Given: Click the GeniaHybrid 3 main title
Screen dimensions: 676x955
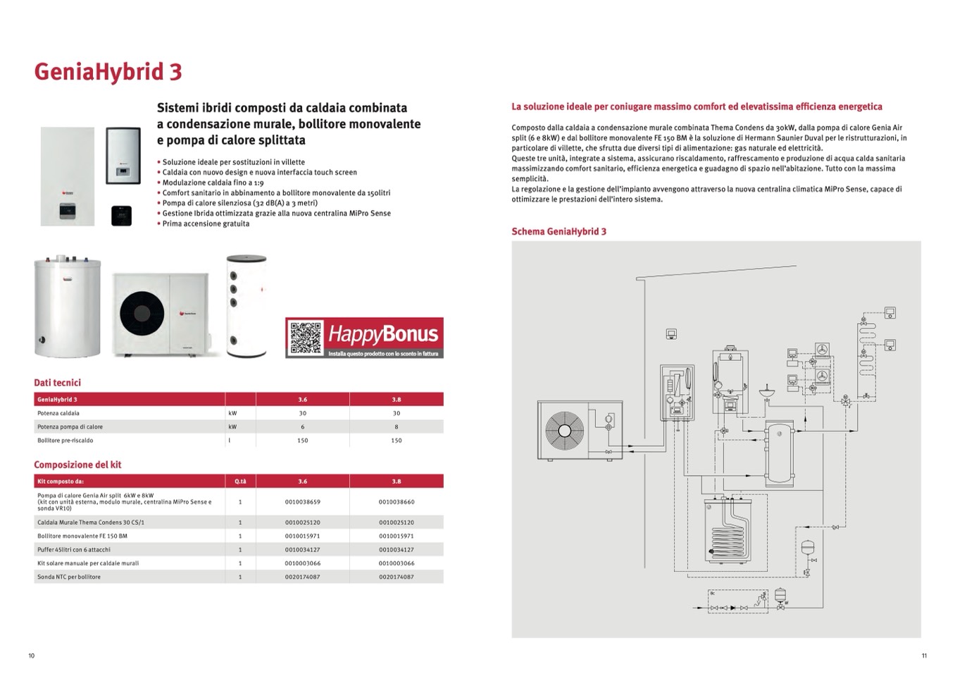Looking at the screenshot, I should pos(108,72).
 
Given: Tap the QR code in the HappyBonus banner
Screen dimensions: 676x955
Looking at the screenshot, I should pos(306,338).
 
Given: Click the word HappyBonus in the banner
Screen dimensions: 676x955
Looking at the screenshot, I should pos(383,333).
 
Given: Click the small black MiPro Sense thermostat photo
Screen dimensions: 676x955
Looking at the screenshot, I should pos(121,215).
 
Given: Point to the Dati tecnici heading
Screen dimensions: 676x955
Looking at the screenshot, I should pos(57,383).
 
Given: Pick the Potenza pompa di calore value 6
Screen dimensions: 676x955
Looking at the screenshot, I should pos(303,426).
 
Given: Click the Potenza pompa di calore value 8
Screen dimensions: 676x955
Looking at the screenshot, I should pos(397,426).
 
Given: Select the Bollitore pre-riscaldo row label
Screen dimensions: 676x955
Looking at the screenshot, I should pos(65,441).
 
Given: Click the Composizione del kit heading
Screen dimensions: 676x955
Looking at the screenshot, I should pos(77,465).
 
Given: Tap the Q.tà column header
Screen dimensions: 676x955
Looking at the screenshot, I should pos(240,481).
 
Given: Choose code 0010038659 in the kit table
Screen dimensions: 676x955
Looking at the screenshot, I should pos(303,502).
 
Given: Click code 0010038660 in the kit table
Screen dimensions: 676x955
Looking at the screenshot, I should pos(397,502).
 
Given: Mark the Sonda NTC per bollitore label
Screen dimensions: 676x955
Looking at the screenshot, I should pos(69,577).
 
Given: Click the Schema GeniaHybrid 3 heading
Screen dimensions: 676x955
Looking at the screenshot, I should pos(558,231).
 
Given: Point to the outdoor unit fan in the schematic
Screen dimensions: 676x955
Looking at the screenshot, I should pos(563,430).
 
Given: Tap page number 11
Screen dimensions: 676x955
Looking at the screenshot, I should pos(924,656).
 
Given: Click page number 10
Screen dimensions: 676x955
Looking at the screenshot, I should pos(31,656).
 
